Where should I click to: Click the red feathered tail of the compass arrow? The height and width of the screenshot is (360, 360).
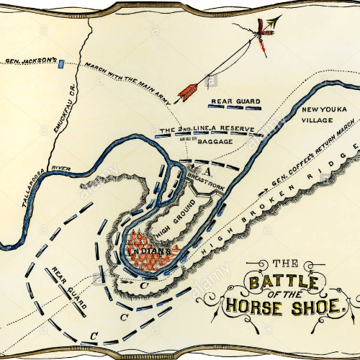(188, 91)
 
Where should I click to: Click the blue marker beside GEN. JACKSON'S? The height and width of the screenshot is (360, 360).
(62, 63)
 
